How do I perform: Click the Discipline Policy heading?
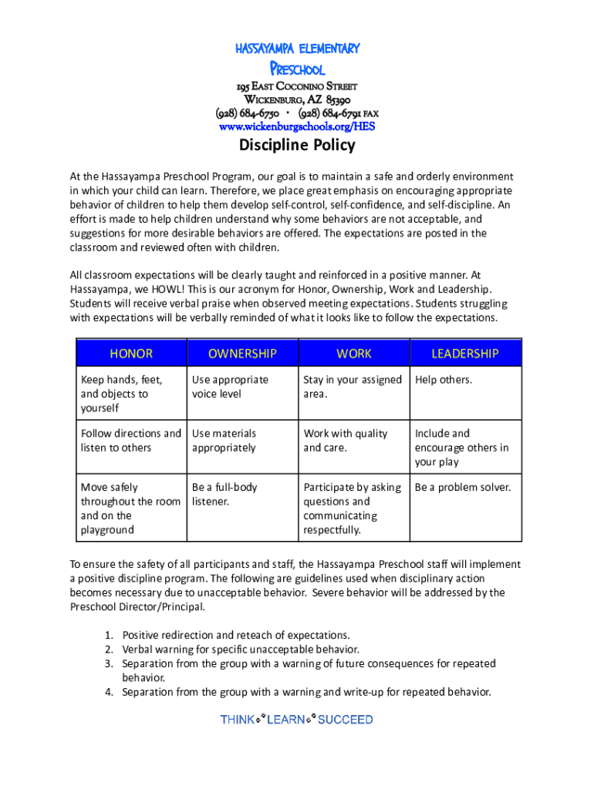click(x=297, y=145)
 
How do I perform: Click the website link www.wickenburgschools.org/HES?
click(x=297, y=126)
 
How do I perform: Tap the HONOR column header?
click(x=131, y=354)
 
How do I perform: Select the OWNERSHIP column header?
click(x=242, y=354)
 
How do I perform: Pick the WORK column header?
click(x=353, y=354)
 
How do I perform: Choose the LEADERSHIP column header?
click(x=464, y=354)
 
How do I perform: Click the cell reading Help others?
click(x=444, y=380)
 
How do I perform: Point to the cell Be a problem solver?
click(x=463, y=488)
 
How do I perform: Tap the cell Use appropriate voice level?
click(x=230, y=387)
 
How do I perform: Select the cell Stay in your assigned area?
click(x=353, y=387)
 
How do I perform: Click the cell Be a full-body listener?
click(x=224, y=495)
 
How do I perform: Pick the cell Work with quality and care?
click(x=346, y=441)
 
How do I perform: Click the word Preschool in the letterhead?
click(x=297, y=69)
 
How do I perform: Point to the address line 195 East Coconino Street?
click(x=297, y=86)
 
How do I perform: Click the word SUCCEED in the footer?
click(x=345, y=720)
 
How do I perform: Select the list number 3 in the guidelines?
click(x=108, y=663)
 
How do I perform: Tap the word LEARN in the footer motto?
click(x=286, y=720)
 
